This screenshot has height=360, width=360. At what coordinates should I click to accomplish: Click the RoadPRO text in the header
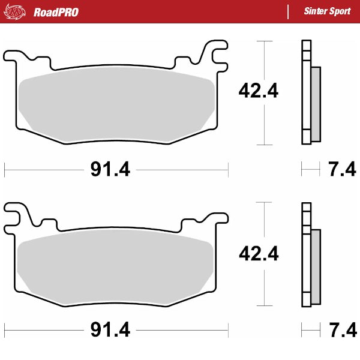tap(56, 11)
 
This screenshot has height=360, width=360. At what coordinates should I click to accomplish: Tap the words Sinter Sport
tap(327, 11)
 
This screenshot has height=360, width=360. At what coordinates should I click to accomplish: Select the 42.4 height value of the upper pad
tap(259, 91)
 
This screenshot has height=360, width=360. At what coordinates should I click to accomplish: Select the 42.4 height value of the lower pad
tap(259, 254)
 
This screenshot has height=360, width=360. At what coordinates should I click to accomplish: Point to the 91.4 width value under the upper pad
tap(110, 170)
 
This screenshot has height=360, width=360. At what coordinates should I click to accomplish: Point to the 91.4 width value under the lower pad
tap(110, 330)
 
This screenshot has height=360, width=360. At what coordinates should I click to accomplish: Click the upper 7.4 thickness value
tap(342, 170)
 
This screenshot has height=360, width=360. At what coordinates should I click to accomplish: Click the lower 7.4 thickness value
tap(342, 330)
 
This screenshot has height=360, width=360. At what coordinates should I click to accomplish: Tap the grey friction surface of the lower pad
tap(117, 264)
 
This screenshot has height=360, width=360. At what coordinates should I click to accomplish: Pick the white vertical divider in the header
tap(289, 11)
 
